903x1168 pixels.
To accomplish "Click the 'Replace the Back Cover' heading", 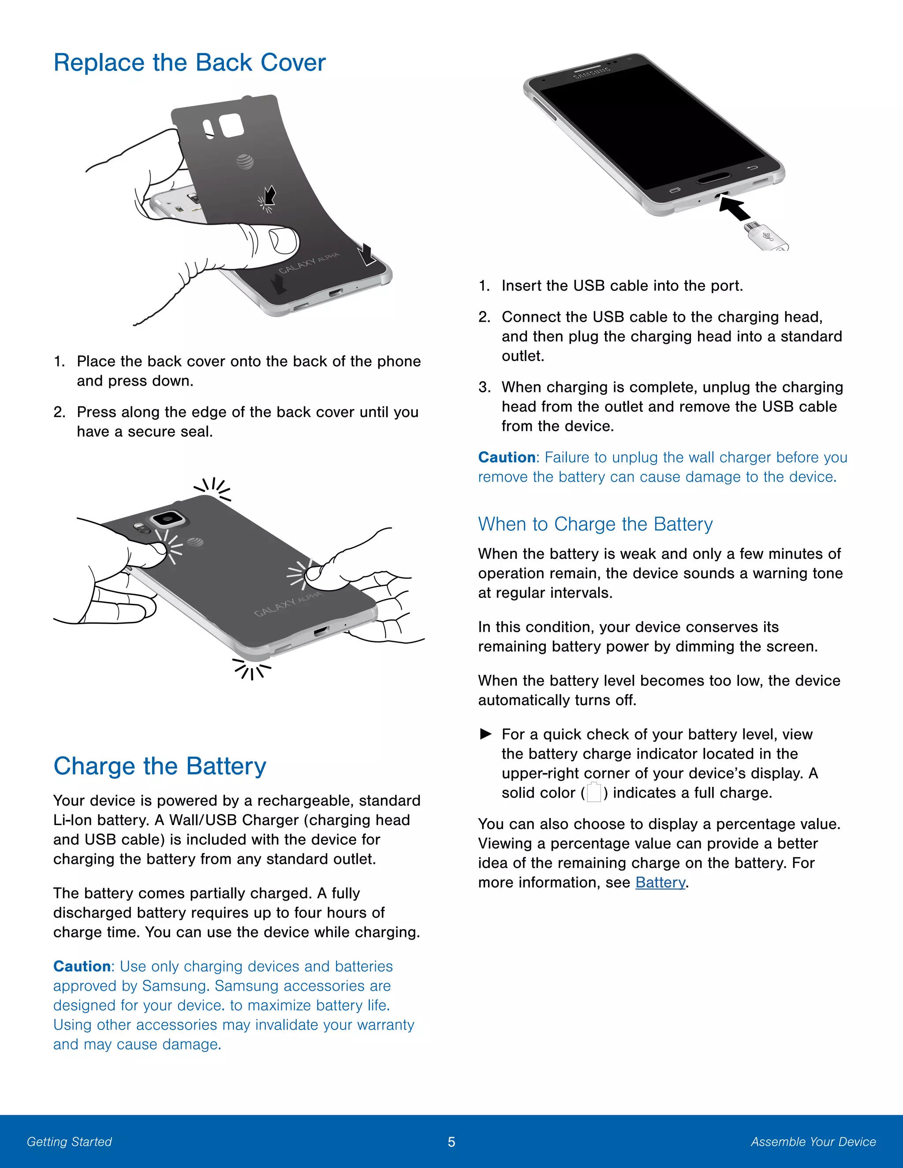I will tap(189, 63).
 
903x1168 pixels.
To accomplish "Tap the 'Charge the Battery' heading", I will tap(160, 766).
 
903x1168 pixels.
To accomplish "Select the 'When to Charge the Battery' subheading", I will tap(595, 524).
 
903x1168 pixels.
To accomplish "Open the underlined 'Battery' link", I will tap(660, 882).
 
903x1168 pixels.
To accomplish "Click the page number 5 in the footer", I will tap(451, 1142).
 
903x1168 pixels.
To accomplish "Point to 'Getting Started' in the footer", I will tap(69, 1142).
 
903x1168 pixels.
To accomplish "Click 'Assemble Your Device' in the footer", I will tap(813, 1142).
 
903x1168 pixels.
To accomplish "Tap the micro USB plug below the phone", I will tap(765, 236).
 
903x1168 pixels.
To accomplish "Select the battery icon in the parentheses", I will tap(594, 792).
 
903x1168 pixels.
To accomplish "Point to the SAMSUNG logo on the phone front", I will tap(591, 73).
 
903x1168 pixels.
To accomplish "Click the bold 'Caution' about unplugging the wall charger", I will tap(507, 457).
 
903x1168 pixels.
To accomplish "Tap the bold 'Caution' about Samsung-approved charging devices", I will tap(82, 967).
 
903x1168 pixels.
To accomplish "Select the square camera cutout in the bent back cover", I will tap(231, 126).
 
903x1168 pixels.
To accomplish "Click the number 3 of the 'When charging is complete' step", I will tap(484, 387).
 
